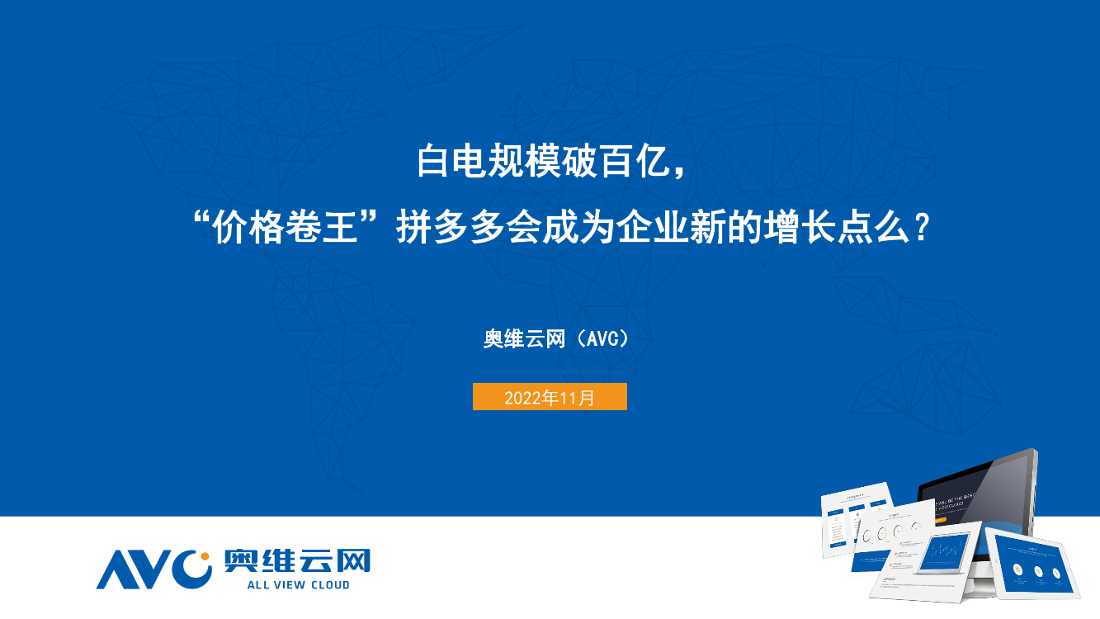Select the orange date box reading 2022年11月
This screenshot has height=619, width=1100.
click(x=550, y=397)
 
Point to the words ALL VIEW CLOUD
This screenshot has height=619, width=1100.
click(x=298, y=585)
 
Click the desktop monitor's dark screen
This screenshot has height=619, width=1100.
click(x=982, y=495)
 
